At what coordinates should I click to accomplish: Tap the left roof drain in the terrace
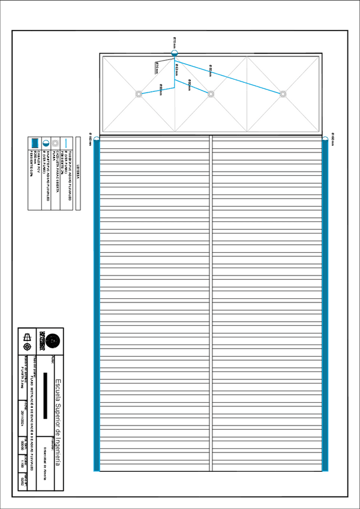(x=139, y=94)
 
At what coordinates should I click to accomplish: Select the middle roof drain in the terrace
(x=211, y=94)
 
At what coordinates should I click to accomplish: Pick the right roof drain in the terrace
(x=283, y=94)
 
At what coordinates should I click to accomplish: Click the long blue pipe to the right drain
(x=234, y=76)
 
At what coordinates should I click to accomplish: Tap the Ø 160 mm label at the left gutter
(x=91, y=139)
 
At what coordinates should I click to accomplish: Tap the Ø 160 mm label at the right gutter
(x=332, y=139)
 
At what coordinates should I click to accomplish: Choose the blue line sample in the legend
(x=67, y=143)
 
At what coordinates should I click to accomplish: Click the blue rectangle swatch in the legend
(x=35, y=143)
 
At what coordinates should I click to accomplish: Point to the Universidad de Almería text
(x=45, y=459)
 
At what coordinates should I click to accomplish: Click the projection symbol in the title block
(x=26, y=340)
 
